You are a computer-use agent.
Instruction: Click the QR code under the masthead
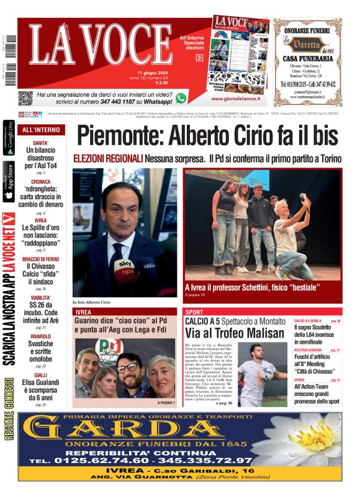click(x=25, y=98)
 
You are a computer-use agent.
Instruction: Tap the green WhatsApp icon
click(x=181, y=97)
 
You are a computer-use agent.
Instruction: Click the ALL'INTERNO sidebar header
click(x=41, y=130)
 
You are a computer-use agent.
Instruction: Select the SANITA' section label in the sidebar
click(x=41, y=143)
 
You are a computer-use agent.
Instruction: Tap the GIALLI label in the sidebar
click(x=41, y=375)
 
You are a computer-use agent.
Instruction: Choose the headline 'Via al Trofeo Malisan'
click(x=230, y=333)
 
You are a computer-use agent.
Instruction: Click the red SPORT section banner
click(x=262, y=312)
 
